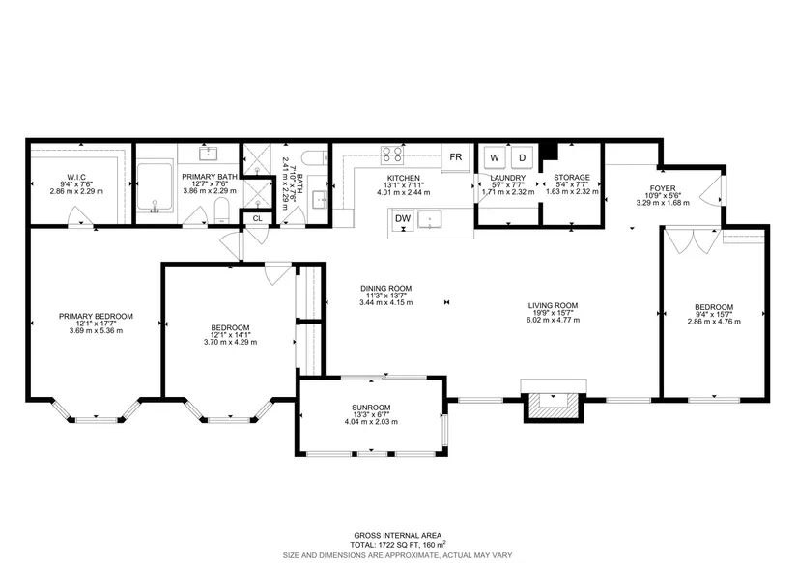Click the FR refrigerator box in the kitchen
coord(455,157)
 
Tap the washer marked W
coord(494,157)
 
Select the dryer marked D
coord(522,157)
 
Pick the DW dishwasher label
coord(403,218)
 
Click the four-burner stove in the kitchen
coord(392,155)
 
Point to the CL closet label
coord(257,218)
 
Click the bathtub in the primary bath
coord(155,187)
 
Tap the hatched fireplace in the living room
coord(553,407)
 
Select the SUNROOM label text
coord(371,408)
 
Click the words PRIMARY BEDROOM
coord(96,316)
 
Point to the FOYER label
coord(663,188)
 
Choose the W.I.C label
coord(76,177)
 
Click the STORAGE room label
coord(572,178)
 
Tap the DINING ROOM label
coord(386,288)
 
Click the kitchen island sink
coord(430,219)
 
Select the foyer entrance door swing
coord(710,189)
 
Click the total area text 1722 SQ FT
coord(391,545)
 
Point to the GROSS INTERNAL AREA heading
coord(398,536)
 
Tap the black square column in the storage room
coord(549,152)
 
